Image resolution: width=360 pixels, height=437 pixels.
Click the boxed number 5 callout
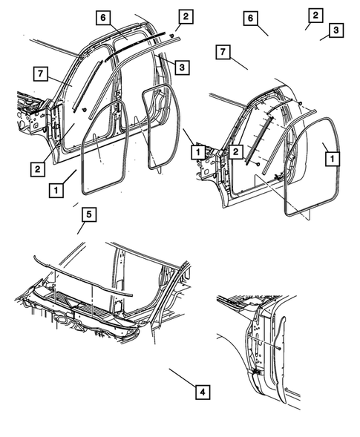(87, 215)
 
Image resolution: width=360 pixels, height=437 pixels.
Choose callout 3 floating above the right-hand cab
(336, 30)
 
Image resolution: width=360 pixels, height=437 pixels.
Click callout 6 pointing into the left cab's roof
(103, 18)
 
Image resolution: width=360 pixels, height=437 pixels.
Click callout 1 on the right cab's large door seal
(331, 157)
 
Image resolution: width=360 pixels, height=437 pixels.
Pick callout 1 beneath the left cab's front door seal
(56, 190)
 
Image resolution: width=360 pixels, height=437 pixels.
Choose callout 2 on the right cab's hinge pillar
(235, 151)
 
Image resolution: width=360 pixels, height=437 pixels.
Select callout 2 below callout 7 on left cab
(36, 168)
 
